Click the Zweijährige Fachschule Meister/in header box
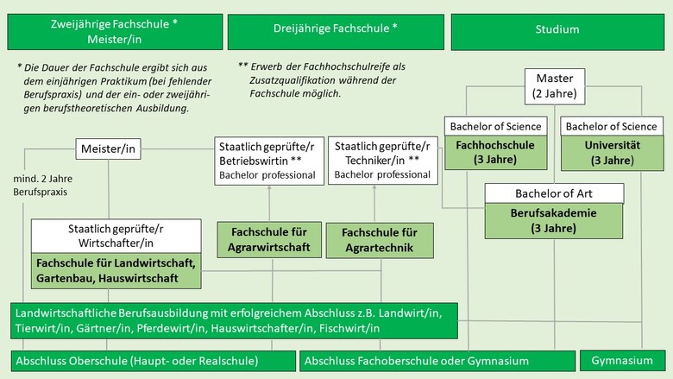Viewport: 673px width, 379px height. (x=115, y=31)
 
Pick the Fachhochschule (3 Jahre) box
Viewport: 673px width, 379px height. (x=496, y=152)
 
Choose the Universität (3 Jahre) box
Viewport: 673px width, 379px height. (x=611, y=152)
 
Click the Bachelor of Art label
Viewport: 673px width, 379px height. (x=553, y=193)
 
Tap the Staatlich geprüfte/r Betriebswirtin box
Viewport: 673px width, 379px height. (x=267, y=161)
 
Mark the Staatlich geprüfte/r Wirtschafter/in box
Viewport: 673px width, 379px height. (x=116, y=237)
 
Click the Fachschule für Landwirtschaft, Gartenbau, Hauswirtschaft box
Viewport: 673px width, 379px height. (x=116, y=271)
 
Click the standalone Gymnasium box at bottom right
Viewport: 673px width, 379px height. (x=622, y=360)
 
